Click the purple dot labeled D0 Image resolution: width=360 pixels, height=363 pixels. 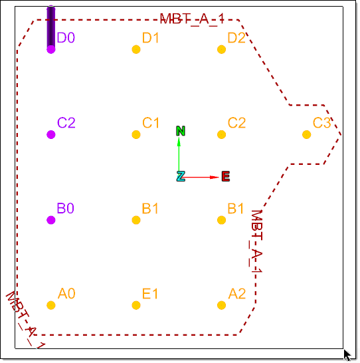pos(51,49)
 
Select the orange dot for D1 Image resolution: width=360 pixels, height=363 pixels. pos(136,49)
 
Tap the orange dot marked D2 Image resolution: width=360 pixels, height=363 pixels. pos(221,49)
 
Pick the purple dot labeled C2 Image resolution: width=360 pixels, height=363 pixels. pos(51,134)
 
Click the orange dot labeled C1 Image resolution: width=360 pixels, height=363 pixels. pos(136,134)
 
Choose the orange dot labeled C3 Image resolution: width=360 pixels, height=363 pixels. pos(307,134)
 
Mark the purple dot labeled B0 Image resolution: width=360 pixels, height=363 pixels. pos(51,220)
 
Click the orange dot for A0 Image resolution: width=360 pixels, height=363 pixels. pos(51,305)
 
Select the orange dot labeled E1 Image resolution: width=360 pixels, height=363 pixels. pos(136,305)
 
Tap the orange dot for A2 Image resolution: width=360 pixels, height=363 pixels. pos(221,305)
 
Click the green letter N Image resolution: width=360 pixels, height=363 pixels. pos(181,131)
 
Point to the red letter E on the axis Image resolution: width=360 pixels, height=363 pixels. pos(226,176)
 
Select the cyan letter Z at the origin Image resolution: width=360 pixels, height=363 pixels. pos(181,176)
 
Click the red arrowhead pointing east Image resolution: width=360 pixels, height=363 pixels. pos(215,178)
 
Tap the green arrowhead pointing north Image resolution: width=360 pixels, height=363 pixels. pos(179,142)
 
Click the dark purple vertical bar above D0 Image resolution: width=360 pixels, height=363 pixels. pos(51,27)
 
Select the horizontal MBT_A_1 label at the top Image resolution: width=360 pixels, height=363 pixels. pos(192,19)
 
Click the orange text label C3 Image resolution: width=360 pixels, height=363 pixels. pos(321,123)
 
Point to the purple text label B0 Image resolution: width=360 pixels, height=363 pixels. pos(66,208)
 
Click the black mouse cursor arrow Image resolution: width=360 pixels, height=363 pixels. pos(347,356)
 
